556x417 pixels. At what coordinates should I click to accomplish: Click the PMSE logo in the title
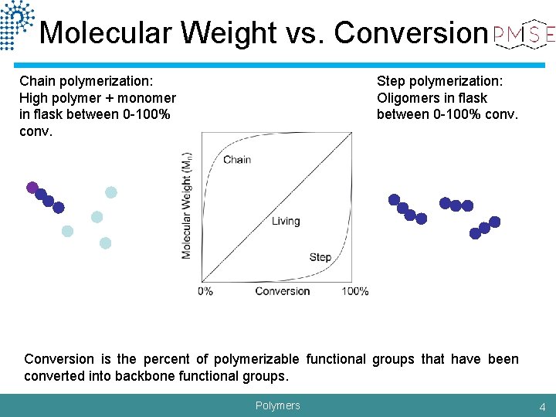coord(523,33)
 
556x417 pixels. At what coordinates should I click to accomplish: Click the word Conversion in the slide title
coord(407,32)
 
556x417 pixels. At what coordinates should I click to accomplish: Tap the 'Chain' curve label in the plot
coord(237,160)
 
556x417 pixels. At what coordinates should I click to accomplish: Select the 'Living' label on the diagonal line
coord(286,221)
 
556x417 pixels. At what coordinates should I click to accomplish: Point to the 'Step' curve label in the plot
coord(320,257)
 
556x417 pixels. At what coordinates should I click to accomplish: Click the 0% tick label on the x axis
coord(205,291)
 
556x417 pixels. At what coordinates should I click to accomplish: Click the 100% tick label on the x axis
coord(354,291)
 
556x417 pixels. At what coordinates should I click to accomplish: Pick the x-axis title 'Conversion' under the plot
coord(282,291)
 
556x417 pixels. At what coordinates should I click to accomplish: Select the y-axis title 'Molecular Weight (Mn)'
coord(187,205)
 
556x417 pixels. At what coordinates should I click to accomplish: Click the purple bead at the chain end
coord(32,187)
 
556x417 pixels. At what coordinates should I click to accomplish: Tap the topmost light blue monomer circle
coord(111,192)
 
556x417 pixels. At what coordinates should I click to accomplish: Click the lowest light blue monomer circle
coord(105,243)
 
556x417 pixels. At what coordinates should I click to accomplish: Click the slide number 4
coord(542,406)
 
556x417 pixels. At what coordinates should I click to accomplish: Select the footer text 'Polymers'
coord(277,405)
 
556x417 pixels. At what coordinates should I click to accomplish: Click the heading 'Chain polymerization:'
coord(86,81)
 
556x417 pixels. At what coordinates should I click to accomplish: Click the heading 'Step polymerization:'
coord(439,81)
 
